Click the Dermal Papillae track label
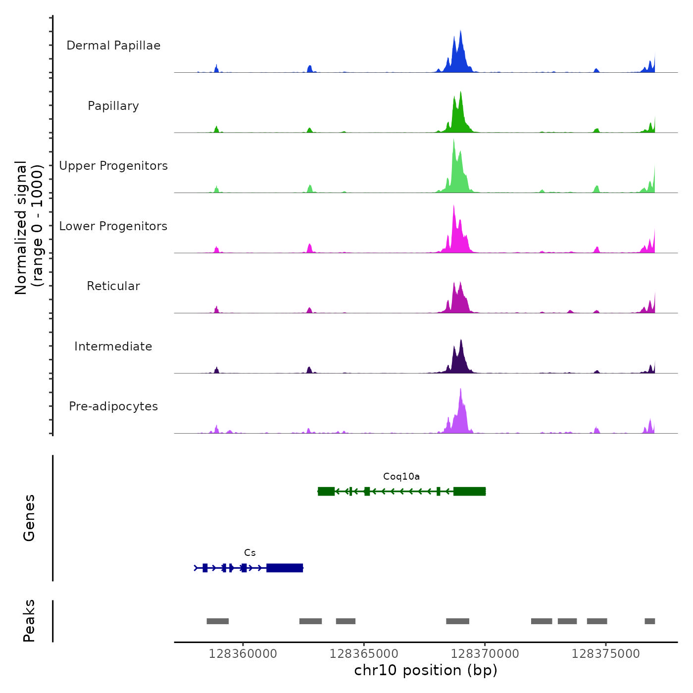113,46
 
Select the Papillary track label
113,106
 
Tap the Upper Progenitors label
113,166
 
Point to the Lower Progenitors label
113,226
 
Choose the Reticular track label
113,286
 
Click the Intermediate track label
113,346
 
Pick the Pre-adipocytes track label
113,406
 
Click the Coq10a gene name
401,477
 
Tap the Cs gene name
250,553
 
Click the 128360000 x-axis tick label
243,654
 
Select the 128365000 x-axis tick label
364,654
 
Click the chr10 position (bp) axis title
426,670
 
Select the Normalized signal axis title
29,228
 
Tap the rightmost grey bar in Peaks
649,621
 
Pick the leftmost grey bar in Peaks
218,621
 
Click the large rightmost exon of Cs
285,568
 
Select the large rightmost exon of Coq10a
469,492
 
